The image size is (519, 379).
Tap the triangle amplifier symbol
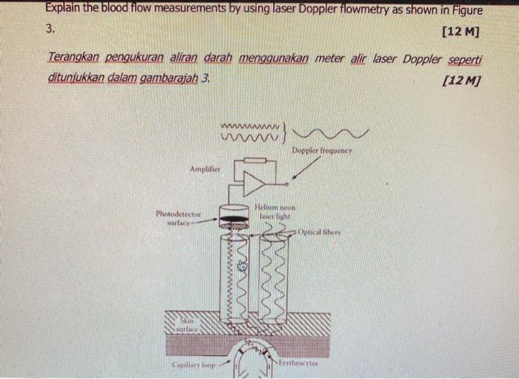click(253, 184)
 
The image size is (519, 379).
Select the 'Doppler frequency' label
click(322, 150)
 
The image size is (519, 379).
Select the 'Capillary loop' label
click(192, 366)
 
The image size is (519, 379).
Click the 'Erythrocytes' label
click(300, 363)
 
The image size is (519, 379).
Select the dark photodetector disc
click(234, 219)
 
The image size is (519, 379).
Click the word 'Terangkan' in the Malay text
click(73, 58)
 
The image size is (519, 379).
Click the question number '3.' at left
click(50, 30)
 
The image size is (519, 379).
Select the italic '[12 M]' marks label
click(460, 79)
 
